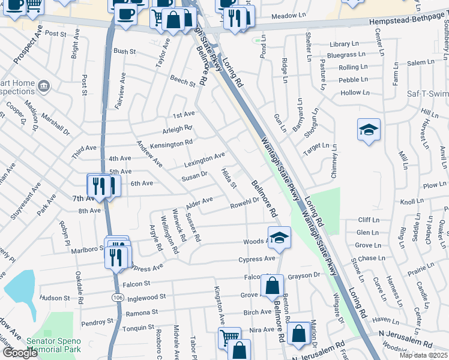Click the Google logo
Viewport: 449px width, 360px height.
pyautogui.click(x=20, y=353)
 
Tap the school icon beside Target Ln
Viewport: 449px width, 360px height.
pyautogui.click(x=369, y=129)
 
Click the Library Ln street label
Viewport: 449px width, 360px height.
pyautogui.click(x=343, y=44)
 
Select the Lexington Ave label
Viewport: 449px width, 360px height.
pyautogui.click(x=204, y=159)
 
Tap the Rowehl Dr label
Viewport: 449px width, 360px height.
pyautogui.click(x=244, y=205)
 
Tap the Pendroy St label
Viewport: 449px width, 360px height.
pyautogui.click(x=93, y=323)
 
